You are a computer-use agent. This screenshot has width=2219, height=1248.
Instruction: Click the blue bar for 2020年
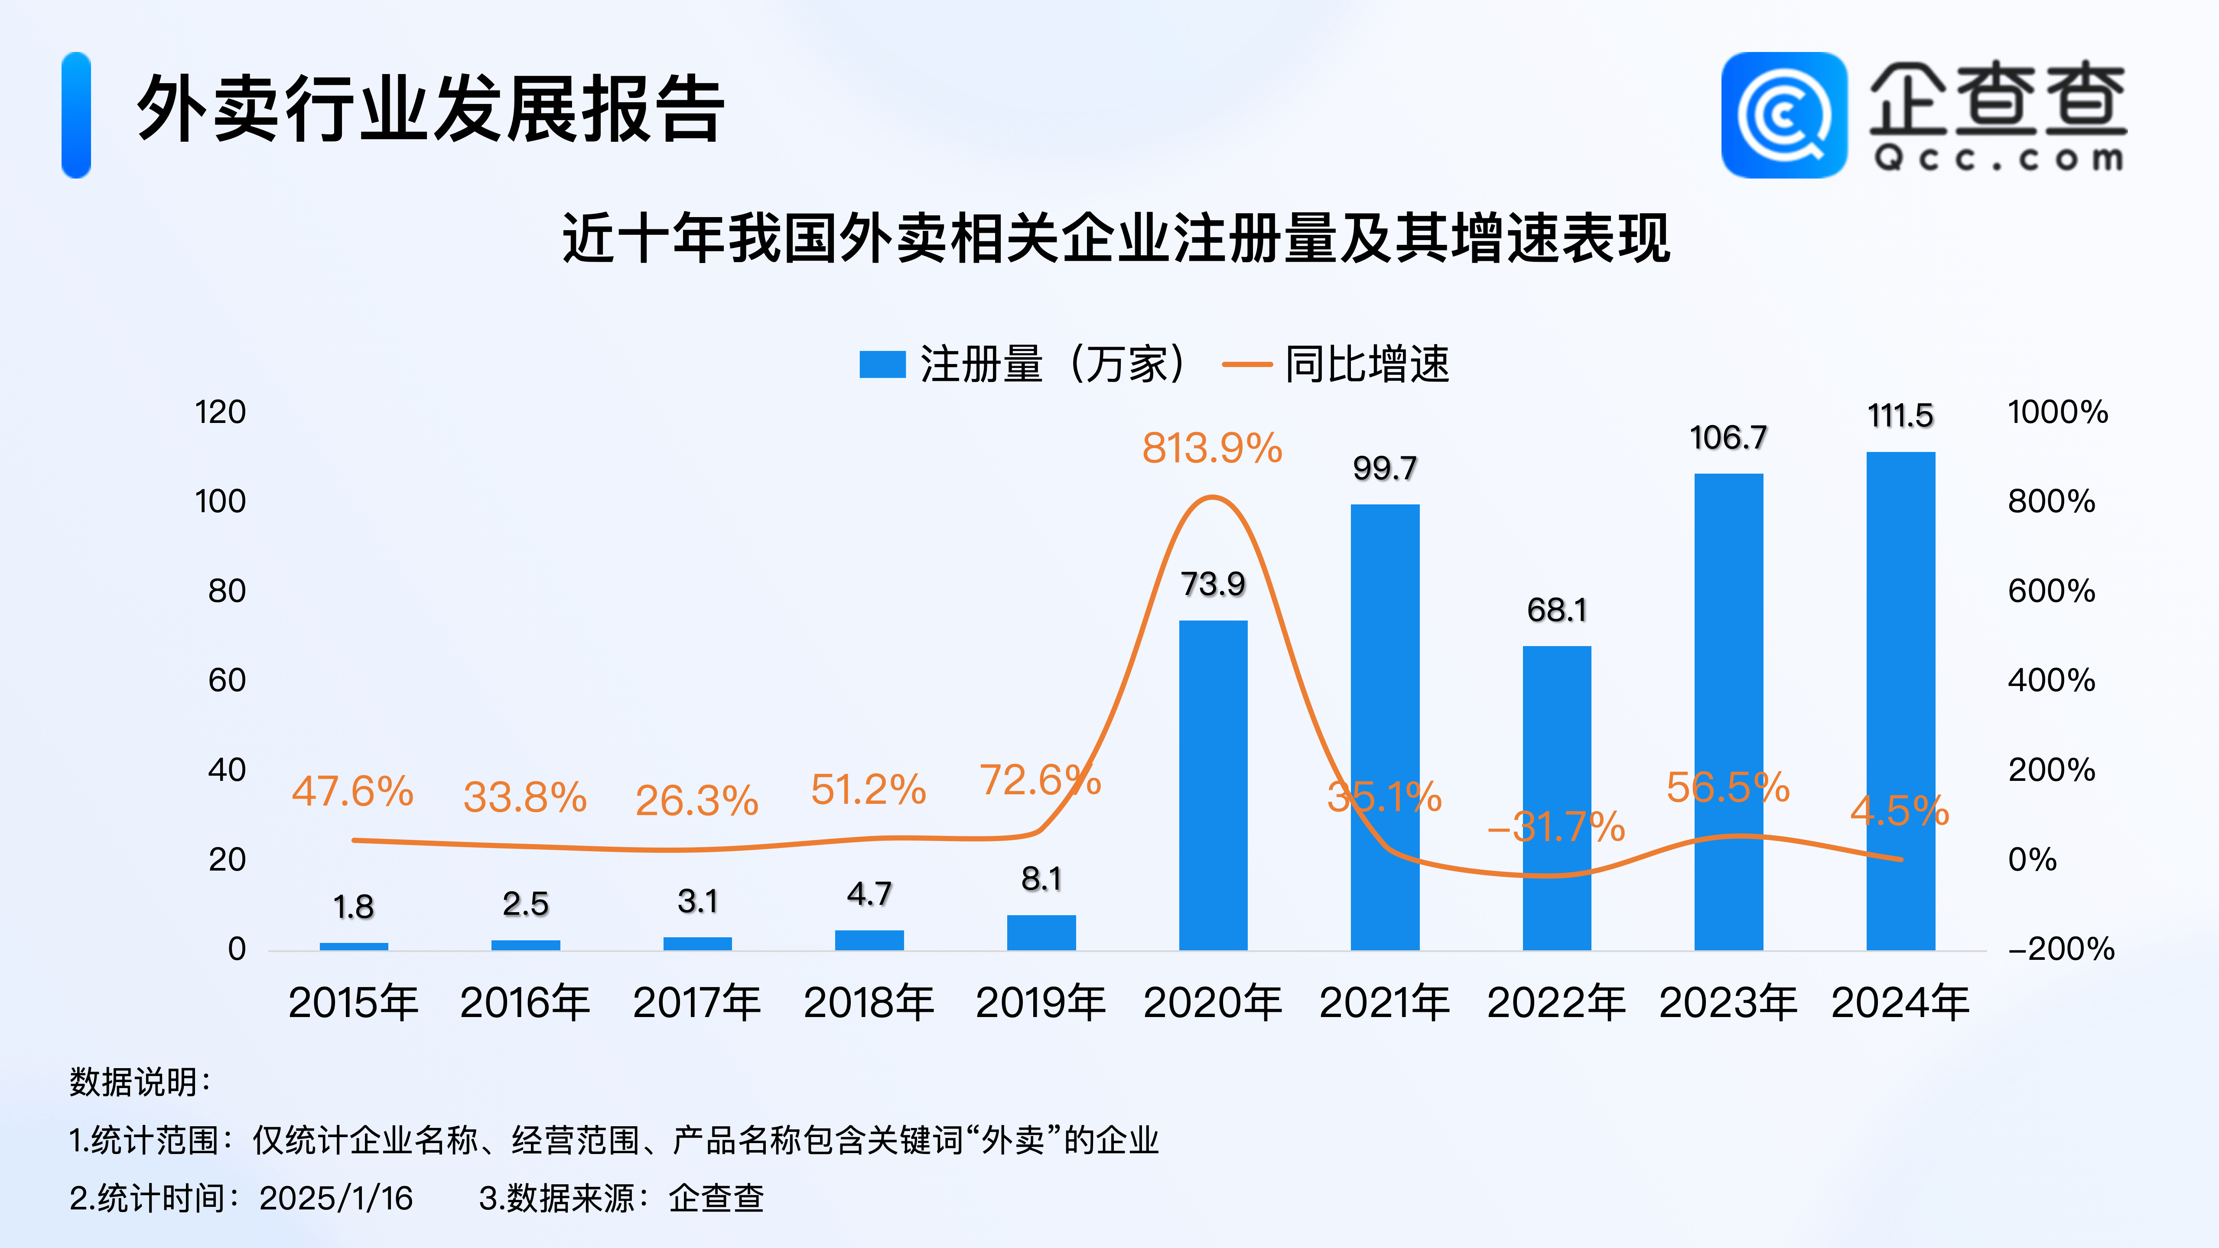tap(1213, 784)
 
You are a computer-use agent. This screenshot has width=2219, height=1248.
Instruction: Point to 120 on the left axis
tap(221, 413)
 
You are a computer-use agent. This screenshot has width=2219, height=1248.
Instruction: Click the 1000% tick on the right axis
tap(2057, 413)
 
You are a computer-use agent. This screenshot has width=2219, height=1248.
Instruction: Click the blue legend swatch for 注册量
tap(882, 364)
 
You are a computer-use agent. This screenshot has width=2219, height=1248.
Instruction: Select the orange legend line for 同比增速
tap(1246, 364)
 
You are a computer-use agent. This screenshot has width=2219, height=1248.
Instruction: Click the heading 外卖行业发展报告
tap(431, 109)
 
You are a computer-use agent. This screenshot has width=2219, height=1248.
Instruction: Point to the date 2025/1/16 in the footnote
tap(336, 1198)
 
